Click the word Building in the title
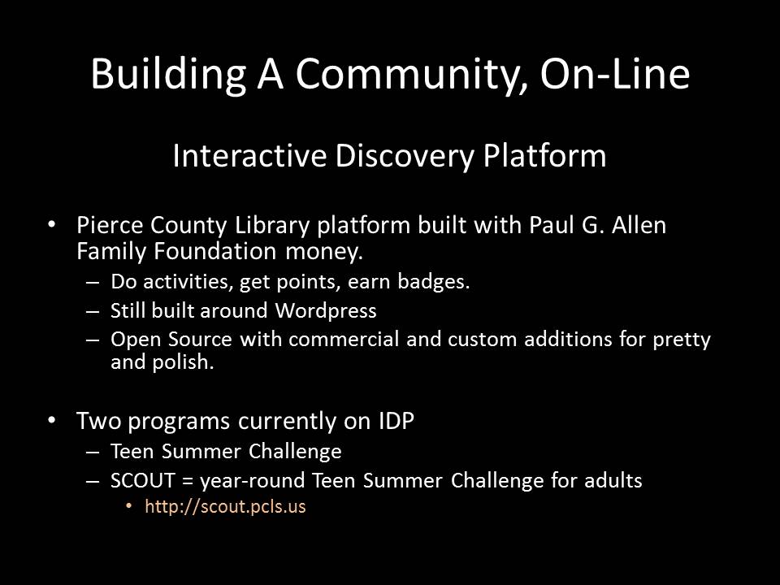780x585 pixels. (168, 75)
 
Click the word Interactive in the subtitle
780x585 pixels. (249, 155)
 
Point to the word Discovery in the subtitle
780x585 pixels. (405, 157)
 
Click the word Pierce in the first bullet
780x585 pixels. (110, 225)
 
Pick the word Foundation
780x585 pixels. (214, 251)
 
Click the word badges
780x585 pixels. (434, 282)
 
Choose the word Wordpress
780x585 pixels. (326, 311)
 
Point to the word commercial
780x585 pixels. (343, 340)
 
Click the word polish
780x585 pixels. (183, 362)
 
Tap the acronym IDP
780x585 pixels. (396, 421)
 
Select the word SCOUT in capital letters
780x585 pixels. (143, 480)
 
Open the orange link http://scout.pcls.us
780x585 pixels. (225, 506)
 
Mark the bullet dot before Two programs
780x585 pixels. (52, 421)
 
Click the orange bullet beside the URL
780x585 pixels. (129, 506)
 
